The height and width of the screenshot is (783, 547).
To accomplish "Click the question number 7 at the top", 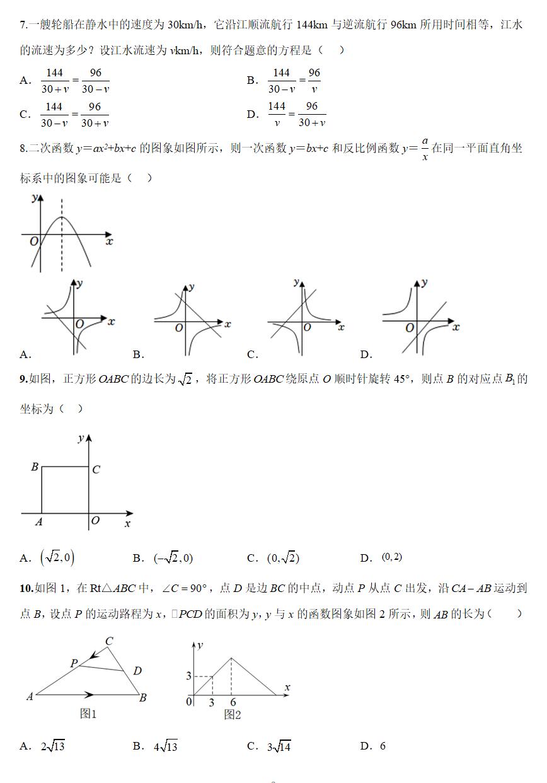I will (x=23, y=25).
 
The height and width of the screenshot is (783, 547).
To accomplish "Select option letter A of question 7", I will (x=25, y=81).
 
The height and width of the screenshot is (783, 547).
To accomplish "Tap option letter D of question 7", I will (x=252, y=114).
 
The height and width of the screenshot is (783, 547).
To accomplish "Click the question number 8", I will (x=23, y=149).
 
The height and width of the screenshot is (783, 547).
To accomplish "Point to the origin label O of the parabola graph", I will (x=33, y=241).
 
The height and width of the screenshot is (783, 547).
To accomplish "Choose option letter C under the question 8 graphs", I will (x=252, y=355).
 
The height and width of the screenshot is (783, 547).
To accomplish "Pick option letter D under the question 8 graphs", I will (x=366, y=355).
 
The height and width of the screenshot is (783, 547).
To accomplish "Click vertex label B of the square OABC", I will (x=35, y=467).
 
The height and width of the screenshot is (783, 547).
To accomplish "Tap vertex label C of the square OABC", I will (x=96, y=470).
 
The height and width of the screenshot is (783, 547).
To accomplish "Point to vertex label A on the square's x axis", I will (x=38, y=521).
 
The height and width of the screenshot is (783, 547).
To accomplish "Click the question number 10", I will (x=26, y=589).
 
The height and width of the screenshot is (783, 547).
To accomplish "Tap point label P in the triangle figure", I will (x=74, y=663).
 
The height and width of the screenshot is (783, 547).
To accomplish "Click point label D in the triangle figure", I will (x=137, y=671).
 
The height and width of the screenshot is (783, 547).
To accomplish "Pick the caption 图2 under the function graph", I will (x=233, y=714).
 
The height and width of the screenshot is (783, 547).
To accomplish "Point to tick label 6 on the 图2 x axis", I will (x=233, y=703).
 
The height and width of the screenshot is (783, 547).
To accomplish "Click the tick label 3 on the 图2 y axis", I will (x=188, y=676).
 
